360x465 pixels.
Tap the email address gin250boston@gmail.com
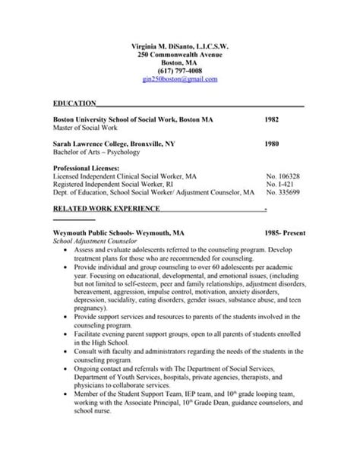[179, 79]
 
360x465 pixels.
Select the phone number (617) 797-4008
[179, 71]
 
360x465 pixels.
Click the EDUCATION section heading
[74, 103]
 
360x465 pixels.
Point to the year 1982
[272, 120]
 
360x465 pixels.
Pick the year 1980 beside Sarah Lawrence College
[272, 143]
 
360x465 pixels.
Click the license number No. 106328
[283, 175]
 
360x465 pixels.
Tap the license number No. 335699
[283, 192]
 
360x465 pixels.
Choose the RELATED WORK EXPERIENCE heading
[106, 208]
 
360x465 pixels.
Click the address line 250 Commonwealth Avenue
[179, 55]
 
